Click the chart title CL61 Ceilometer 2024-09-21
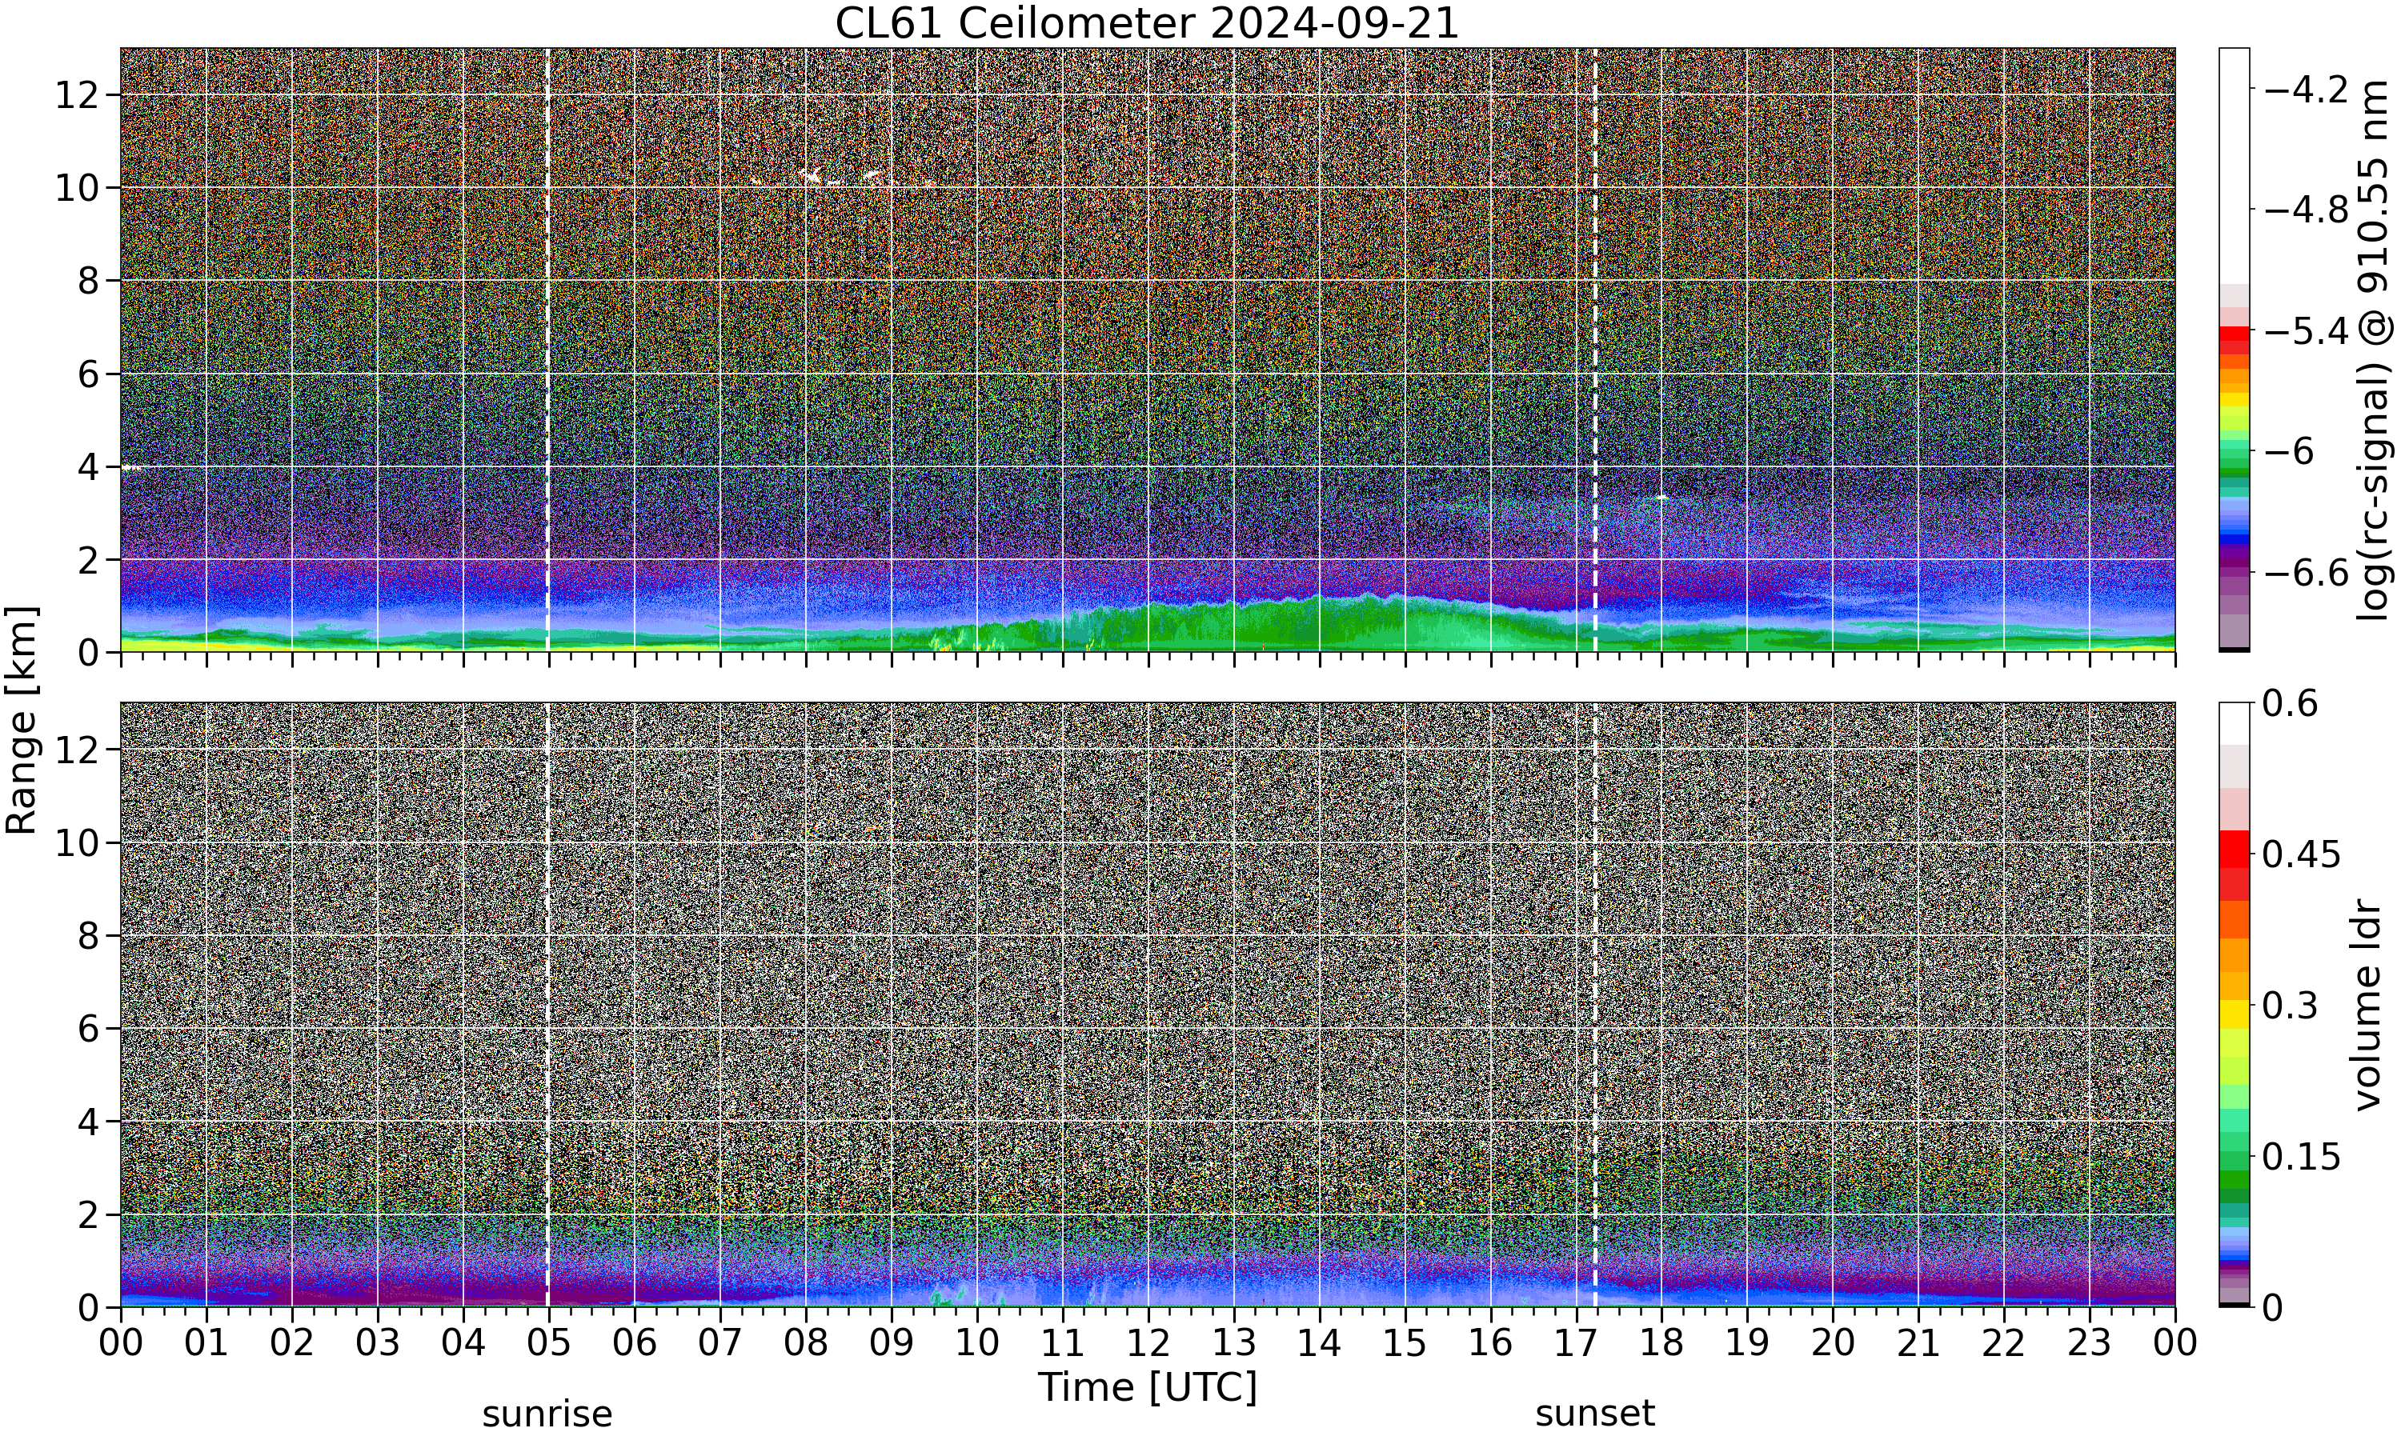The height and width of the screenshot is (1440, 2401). pyautogui.click(x=1147, y=23)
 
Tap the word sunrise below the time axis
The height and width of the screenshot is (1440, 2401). pyautogui.click(x=547, y=1414)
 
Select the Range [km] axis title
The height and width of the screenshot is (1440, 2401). pyautogui.click(x=22, y=721)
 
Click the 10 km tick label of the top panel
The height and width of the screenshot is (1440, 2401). pyautogui.click(x=77, y=188)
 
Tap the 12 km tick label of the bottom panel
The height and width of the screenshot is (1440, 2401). pyautogui.click(x=77, y=749)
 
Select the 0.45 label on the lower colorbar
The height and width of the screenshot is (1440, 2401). pyautogui.click(x=2301, y=854)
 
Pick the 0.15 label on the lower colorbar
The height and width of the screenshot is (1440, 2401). pyautogui.click(x=2301, y=1157)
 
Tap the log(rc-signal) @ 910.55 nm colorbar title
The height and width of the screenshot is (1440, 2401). pyautogui.click(x=2373, y=350)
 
